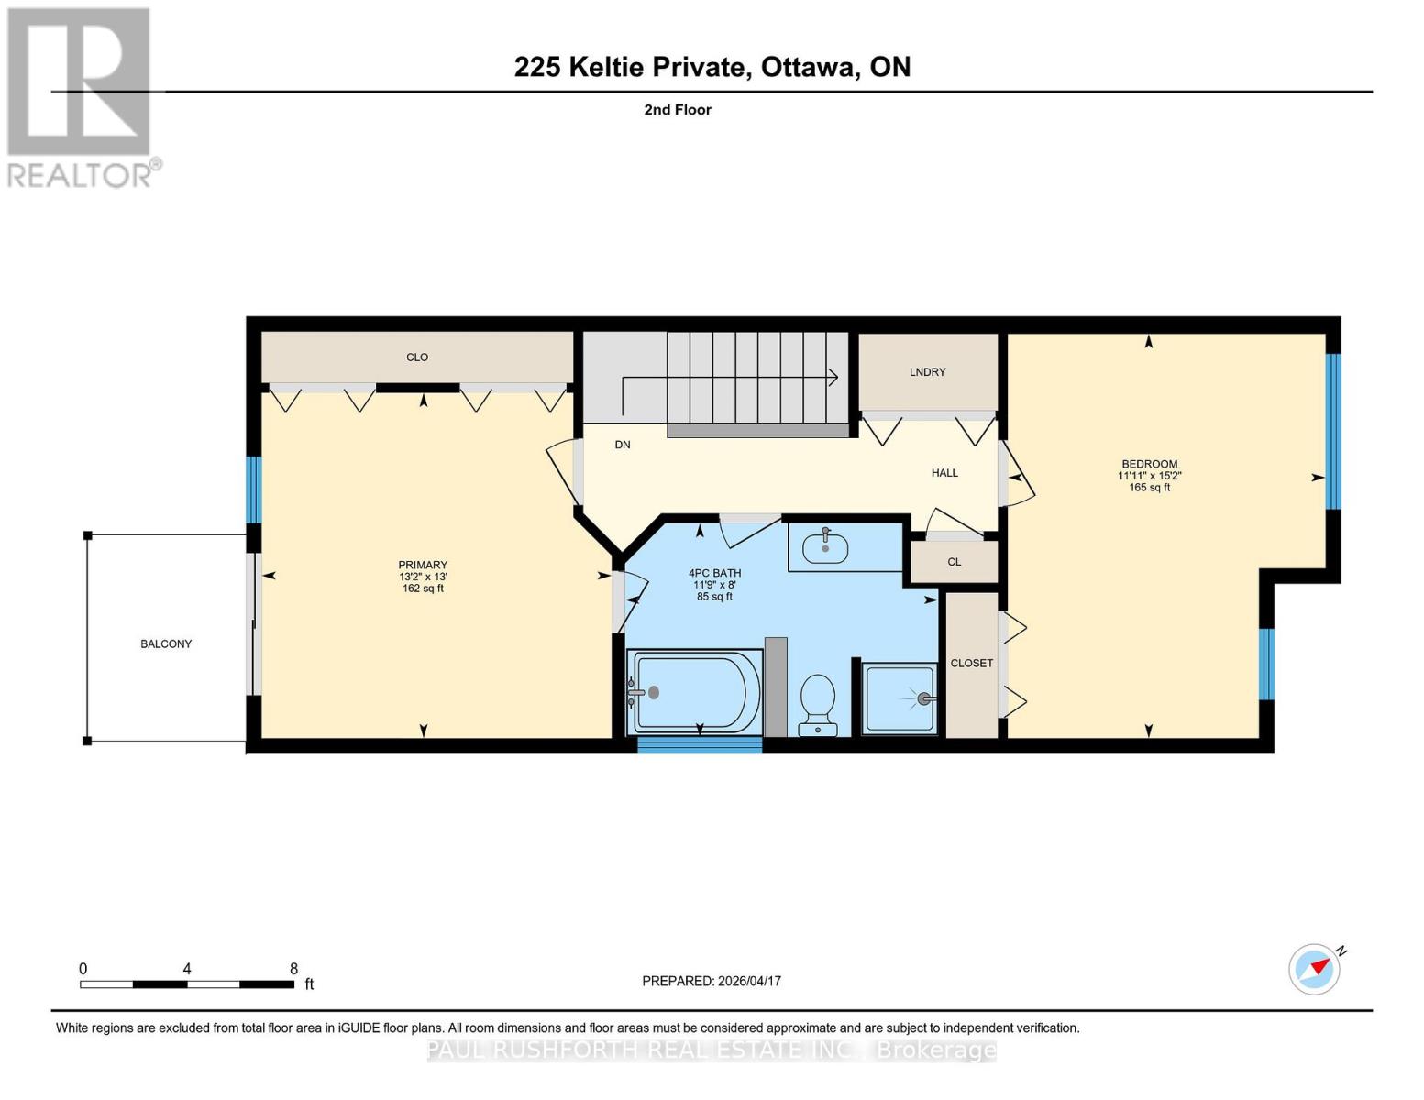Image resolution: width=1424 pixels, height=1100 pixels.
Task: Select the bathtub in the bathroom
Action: click(x=694, y=692)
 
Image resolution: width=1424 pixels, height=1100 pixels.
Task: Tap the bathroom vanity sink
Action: click(x=825, y=547)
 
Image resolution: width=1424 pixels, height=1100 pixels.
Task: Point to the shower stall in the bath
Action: click(x=900, y=698)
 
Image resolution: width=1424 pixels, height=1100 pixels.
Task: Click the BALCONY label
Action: click(x=166, y=643)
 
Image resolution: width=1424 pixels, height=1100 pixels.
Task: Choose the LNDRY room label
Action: click(x=927, y=372)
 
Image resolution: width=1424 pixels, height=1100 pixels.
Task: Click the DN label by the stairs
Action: click(x=623, y=445)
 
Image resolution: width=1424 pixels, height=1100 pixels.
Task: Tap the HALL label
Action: click(x=944, y=473)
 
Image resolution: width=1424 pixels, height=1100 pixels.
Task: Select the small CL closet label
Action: click(x=954, y=562)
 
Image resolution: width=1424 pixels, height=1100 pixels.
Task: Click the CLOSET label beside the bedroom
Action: click(x=971, y=663)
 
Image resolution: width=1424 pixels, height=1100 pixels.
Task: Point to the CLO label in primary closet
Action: click(x=417, y=357)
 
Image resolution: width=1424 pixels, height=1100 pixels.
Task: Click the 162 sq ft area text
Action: click(x=423, y=588)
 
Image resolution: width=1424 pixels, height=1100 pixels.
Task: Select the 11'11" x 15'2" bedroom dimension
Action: click(x=1149, y=476)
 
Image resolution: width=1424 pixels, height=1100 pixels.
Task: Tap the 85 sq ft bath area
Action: click(x=714, y=597)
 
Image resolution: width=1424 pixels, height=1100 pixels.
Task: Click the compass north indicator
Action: click(x=1315, y=968)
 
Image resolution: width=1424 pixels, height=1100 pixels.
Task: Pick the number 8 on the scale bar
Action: click(x=293, y=969)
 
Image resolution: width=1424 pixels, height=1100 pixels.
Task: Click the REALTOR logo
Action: click(x=80, y=96)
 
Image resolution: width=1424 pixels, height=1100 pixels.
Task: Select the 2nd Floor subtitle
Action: click(x=678, y=110)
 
